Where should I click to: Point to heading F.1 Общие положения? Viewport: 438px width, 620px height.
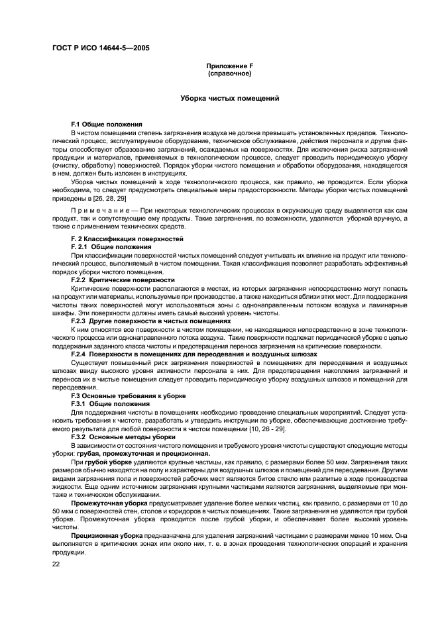(107, 125)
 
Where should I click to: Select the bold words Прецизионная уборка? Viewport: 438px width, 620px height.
(103, 536)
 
